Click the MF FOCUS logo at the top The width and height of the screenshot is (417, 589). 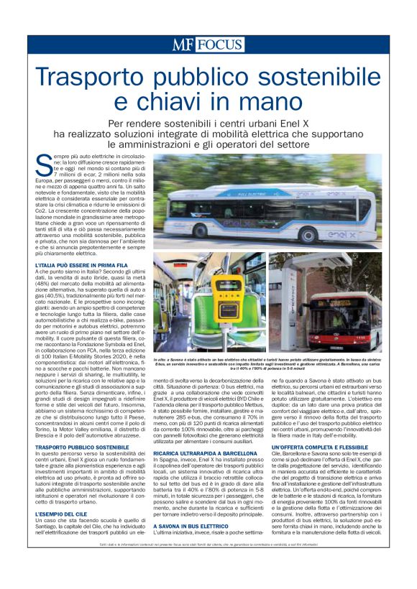(208, 45)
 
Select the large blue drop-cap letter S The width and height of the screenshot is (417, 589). (43, 164)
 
